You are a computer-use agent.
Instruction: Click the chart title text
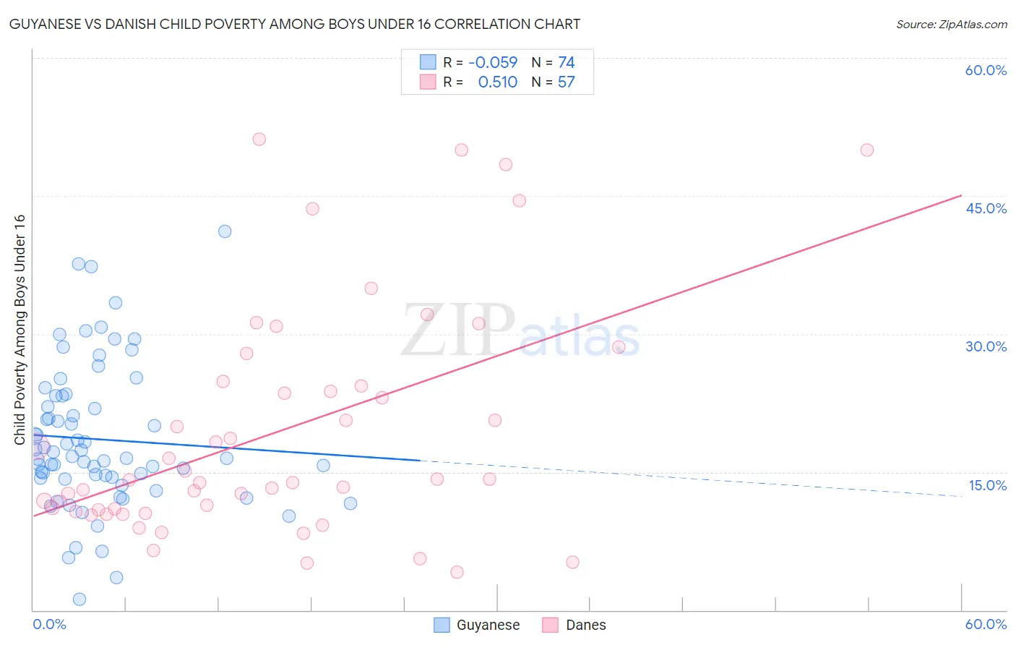click(x=295, y=25)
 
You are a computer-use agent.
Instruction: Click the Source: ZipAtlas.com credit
click(x=951, y=25)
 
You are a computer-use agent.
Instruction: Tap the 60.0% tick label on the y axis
click(x=986, y=70)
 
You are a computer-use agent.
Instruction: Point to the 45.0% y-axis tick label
click(x=986, y=208)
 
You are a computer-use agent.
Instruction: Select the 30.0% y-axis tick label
click(x=986, y=346)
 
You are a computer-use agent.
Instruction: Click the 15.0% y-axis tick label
click(x=987, y=485)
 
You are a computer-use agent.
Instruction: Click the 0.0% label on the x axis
click(x=49, y=624)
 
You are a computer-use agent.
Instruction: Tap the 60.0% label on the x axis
click(x=986, y=624)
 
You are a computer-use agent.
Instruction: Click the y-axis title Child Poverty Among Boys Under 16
click(x=20, y=330)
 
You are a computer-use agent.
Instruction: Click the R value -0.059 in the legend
click(x=493, y=63)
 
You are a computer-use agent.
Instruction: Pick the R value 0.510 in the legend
click(x=497, y=82)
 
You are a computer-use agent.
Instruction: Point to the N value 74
click(x=566, y=63)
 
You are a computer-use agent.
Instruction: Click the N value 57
click(x=566, y=82)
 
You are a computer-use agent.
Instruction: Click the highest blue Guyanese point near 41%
click(x=225, y=231)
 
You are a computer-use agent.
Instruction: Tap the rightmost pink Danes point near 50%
click(x=867, y=150)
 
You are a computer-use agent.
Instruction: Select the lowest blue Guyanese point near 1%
click(x=79, y=599)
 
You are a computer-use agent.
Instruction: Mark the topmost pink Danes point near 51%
click(x=259, y=140)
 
